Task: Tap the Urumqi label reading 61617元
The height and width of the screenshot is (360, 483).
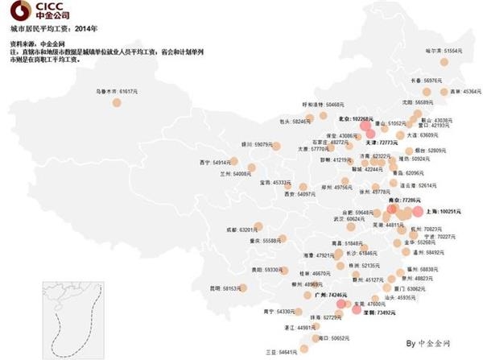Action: pos(113,92)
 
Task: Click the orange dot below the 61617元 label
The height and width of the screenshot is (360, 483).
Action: pos(111,104)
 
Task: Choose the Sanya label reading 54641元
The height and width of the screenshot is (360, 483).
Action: pos(279,352)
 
